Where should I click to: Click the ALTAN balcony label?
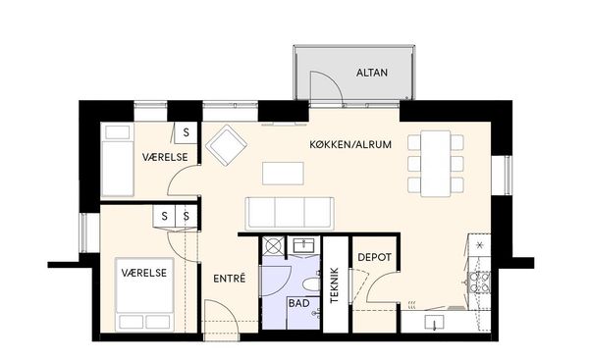(371, 73)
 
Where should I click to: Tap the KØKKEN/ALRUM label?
(350, 144)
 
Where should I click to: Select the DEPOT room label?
(374, 258)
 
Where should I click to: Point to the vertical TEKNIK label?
(335, 284)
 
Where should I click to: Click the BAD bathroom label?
(299, 303)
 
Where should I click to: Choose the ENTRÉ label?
(229, 279)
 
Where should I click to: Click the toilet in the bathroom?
(310, 284)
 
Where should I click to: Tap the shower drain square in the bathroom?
(274, 246)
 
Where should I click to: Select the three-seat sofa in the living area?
(290, 213)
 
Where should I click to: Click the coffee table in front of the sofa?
(283, 173)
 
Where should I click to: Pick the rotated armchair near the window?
(226, 145)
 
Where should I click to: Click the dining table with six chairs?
(435, 164)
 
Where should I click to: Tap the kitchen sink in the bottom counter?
(434, 322)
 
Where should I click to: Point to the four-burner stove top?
(478, 283)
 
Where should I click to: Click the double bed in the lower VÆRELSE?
(144, 294)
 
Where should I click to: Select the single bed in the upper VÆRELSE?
(118, 160)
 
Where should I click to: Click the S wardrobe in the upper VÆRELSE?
(186, 132)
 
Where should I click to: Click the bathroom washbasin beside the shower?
(304, 246)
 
